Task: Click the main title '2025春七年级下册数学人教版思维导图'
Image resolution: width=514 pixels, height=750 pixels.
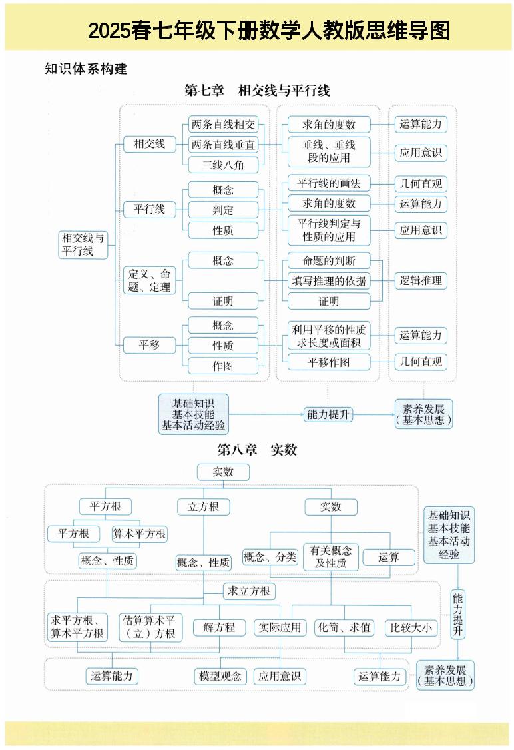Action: (268, 31)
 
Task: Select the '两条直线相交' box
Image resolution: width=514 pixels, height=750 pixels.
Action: (223, 124)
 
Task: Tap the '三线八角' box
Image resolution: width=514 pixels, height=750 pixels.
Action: (223, 165)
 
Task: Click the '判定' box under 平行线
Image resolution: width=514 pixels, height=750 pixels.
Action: (223, 210)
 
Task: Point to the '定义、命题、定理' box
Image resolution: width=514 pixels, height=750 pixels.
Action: (149, 280)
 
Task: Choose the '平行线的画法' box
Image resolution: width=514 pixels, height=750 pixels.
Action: (328, 183)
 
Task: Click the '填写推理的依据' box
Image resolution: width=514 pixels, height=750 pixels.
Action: (328, 281)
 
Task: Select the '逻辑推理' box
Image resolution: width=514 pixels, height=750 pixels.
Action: (420, 281)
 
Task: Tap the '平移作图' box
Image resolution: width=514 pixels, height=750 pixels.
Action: (328, 362)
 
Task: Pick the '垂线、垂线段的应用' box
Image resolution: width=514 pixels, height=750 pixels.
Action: (328, 151)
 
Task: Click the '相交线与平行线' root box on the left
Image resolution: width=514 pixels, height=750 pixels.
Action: (83, 244)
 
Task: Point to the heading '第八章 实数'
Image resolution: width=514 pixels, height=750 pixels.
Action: (257, 450)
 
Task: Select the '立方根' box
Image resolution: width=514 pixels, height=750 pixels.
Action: (204, 507)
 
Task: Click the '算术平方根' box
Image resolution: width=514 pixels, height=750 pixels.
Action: (139, 534)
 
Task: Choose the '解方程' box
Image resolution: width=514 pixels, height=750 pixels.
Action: (219, 627)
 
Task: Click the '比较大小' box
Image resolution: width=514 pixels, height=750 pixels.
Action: (411, 627)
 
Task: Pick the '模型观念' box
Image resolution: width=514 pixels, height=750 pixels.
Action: (220, 676)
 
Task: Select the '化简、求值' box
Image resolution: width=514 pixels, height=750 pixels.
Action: (344, 627)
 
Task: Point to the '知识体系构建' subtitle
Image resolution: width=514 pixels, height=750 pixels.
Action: (85, 69)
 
